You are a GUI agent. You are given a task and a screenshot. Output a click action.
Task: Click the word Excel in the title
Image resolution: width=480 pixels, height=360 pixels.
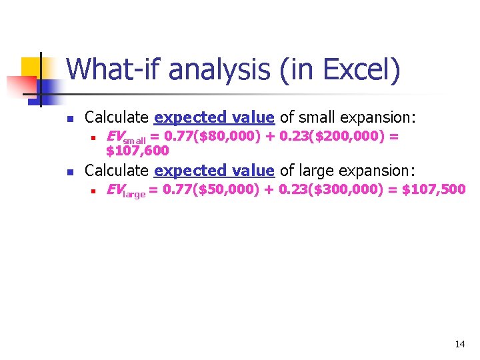(x=363, y=69)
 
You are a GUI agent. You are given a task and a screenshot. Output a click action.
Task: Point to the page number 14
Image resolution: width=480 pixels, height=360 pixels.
(x=459, y=344)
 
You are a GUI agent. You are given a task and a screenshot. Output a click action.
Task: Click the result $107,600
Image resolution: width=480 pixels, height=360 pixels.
(x=138, y=151)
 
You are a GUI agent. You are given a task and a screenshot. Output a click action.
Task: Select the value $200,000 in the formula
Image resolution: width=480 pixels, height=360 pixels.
(x=347, y=137)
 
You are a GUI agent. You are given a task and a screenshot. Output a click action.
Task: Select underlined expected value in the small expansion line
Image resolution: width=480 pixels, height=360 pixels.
(x=214, y=118)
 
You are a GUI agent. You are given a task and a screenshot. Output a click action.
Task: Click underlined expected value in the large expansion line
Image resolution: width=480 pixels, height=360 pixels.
(x=214, y=171)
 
